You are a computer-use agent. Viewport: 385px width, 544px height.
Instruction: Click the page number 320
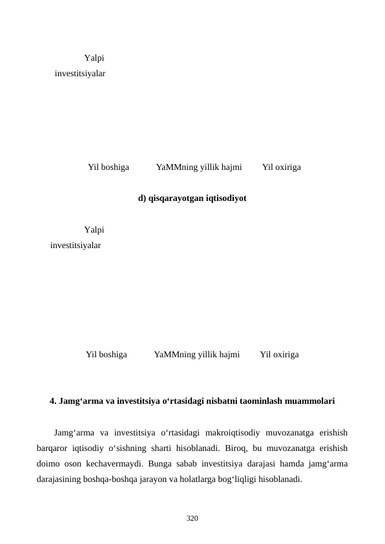[192, 518]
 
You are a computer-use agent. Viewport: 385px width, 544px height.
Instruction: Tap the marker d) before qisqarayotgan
[143, 198]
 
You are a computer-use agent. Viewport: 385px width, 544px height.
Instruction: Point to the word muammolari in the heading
[312, 401]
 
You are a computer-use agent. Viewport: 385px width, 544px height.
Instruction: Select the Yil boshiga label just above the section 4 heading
[106, 355]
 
